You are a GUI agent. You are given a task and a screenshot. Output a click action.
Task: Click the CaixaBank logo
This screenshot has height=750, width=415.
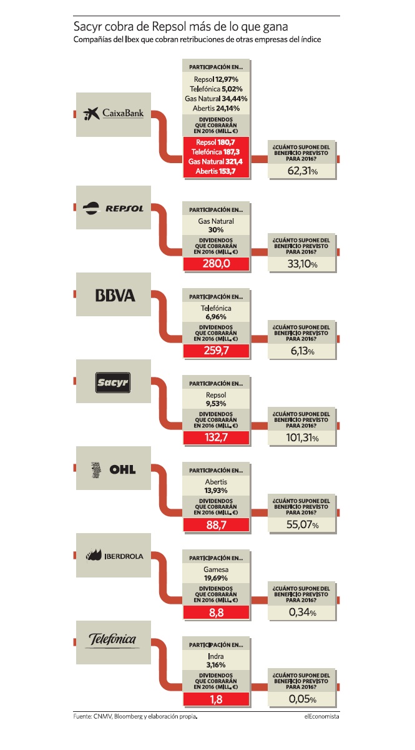tap(114, 114)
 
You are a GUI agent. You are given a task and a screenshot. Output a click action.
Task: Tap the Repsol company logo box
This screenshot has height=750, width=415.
tap(114, 207)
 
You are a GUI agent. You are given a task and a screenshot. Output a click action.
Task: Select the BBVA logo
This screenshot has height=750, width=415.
tap(115, 295)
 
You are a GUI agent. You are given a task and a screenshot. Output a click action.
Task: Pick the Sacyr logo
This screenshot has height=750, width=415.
tap(113, 382)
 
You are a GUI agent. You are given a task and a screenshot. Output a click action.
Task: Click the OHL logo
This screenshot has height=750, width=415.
tap(114, 469)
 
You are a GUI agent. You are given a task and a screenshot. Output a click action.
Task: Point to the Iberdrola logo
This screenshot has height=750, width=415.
tap(114, 556)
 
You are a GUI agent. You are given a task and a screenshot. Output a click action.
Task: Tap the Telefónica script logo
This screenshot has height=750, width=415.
tap(112, 639)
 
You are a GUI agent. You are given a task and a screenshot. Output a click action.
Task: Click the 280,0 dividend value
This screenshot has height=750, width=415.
tap(217, 264)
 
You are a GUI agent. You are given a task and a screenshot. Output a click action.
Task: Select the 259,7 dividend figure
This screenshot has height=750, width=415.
tap(217, 351)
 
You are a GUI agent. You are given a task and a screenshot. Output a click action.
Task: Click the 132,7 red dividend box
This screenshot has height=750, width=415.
tap(217, 437)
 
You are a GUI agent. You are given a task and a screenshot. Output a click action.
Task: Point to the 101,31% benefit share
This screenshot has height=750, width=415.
tap(302, 437)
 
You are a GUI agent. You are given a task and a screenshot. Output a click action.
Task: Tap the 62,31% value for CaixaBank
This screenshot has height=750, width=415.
tap(302, 171)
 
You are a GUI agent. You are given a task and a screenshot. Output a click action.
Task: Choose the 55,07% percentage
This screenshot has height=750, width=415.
tap(302, 524)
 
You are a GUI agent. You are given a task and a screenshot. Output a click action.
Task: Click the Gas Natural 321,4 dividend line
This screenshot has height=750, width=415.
tap(215, 162)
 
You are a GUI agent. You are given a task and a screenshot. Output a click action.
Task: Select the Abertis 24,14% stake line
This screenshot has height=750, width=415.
tap(216, 109)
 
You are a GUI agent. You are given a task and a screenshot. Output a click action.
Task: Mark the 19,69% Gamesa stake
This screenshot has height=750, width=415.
tap(216, 578)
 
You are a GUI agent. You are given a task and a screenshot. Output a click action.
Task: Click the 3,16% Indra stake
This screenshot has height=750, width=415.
tap(216, 665)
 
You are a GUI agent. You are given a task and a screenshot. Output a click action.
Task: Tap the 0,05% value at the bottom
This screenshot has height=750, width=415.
tap(302, 699)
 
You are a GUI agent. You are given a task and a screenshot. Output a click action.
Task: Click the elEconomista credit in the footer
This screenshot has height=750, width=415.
tap(321, 716)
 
